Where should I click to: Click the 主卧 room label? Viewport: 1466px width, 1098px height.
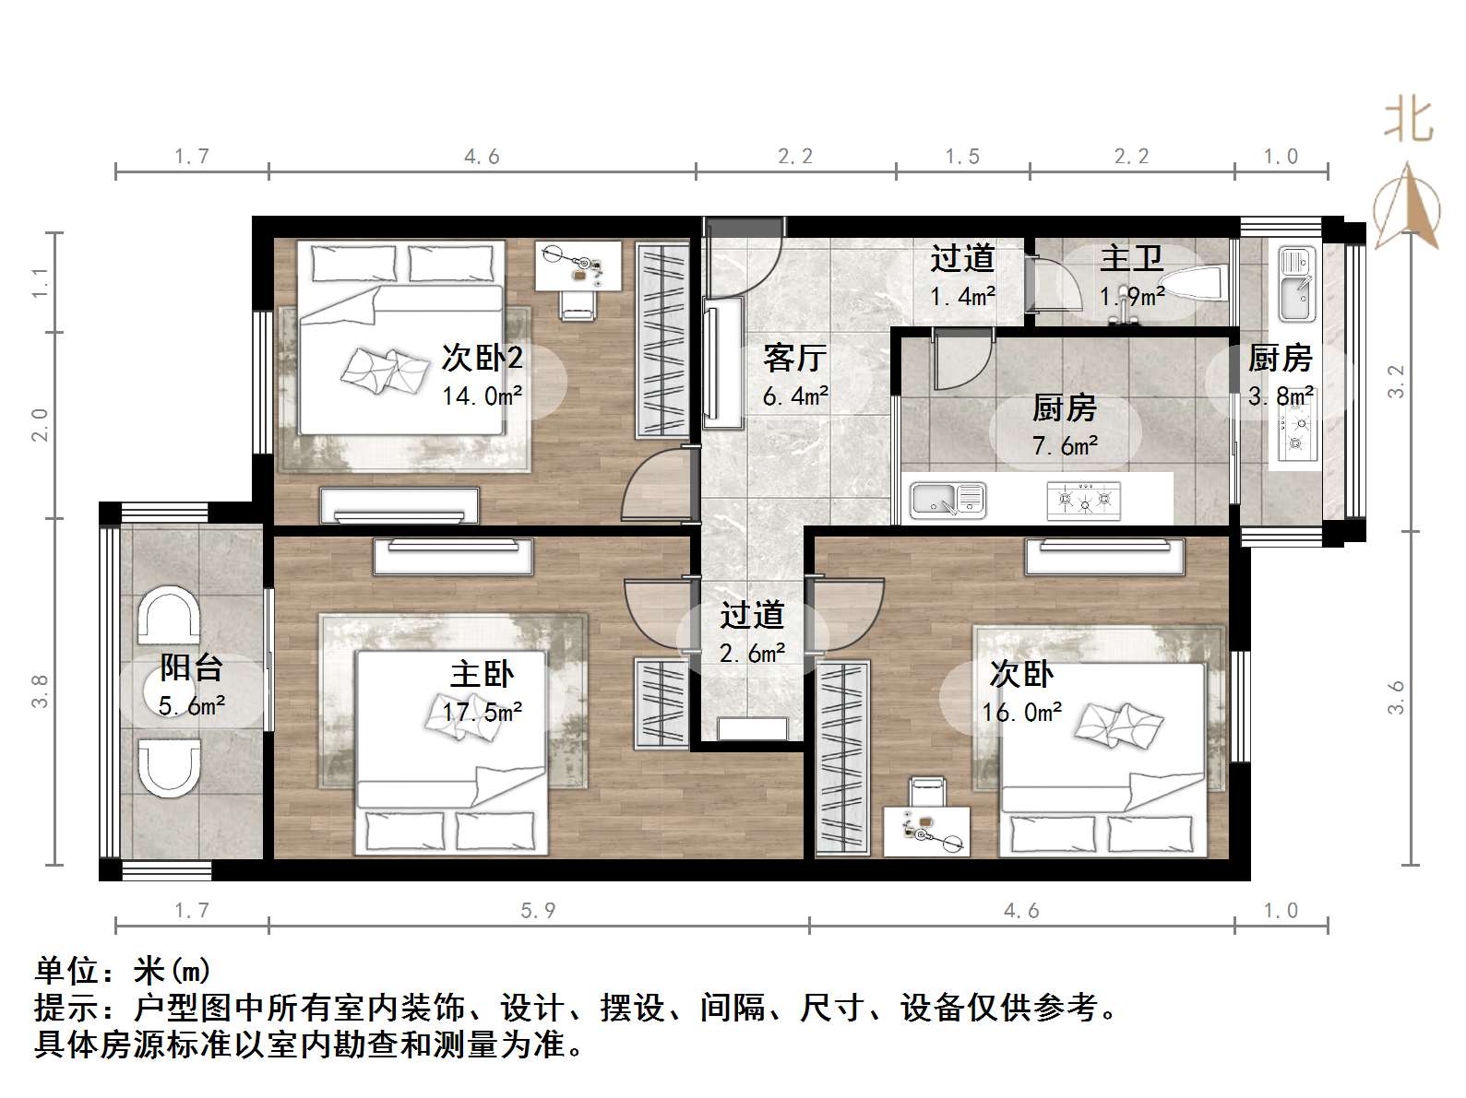pos(482,675)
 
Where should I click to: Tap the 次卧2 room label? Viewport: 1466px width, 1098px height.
pos(482,358)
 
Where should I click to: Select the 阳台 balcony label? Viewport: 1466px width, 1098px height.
pos(191,667)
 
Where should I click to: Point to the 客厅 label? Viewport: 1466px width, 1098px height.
pos(794,358)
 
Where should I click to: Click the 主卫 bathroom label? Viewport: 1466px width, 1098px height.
pos(1131,259)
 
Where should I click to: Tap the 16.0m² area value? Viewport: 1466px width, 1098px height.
pos(1021,713)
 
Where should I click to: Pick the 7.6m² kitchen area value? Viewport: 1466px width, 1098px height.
pos(1065,446)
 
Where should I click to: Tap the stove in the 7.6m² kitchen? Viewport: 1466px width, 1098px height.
pos(1084,501)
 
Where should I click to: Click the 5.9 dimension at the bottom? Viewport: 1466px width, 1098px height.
pos(538,911)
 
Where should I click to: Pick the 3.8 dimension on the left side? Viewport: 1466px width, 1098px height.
pos(40,691)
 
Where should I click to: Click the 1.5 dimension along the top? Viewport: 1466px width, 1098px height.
pos(962,157)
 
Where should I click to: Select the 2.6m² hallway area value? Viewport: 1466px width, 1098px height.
pos(752,654)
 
